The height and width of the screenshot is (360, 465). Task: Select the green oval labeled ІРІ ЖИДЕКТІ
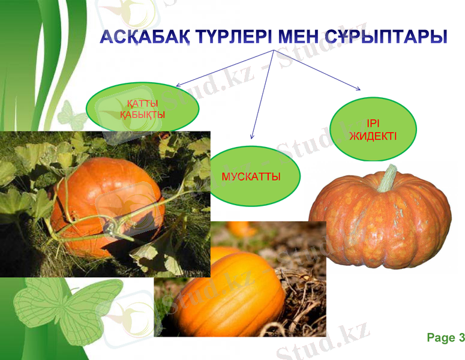pos(373,129)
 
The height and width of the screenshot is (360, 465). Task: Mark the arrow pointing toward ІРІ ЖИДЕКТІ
pos(318,71)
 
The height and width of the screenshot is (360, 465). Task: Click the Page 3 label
pos(445,338)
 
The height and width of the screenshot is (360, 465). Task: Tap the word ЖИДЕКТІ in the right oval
pos(373,136)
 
